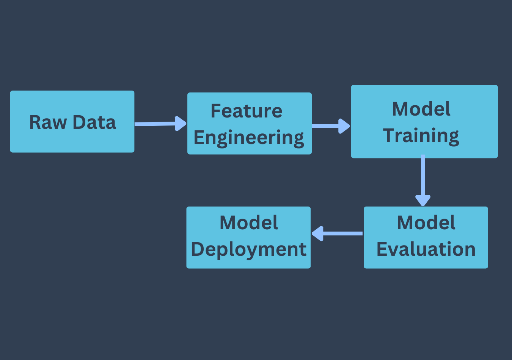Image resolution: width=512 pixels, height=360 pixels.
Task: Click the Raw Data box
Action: point(72,122)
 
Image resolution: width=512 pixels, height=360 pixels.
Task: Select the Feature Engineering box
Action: point(250,124)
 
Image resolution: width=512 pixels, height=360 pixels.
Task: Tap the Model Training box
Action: point(424,122)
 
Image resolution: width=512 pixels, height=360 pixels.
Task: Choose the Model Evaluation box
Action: point(426,237)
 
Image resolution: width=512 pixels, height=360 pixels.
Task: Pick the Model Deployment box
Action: point(248,237)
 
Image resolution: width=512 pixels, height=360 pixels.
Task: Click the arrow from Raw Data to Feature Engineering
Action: point(160,124)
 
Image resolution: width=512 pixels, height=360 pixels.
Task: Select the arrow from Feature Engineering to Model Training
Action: point(331,126)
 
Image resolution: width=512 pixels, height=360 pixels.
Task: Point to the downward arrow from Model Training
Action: point(423,180)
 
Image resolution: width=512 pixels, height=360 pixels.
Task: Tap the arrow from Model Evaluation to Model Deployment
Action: point(337,233)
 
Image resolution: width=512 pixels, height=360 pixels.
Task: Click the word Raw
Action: point(48,122)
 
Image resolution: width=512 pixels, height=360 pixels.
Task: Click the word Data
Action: point(94,122)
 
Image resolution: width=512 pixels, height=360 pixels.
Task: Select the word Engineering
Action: point(249,138)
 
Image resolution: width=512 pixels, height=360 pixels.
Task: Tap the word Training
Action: point(421,136)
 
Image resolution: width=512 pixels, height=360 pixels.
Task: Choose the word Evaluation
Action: point(426,249)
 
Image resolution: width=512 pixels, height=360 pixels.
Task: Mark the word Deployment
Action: point(249,250)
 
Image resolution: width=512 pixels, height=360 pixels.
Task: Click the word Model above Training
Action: point(421,109)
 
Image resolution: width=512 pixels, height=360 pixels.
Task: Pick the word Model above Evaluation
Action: point(426,222)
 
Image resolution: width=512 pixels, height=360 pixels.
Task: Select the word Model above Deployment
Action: point(249,222)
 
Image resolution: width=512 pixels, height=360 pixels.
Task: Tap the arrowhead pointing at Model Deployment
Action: point(318,233)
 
